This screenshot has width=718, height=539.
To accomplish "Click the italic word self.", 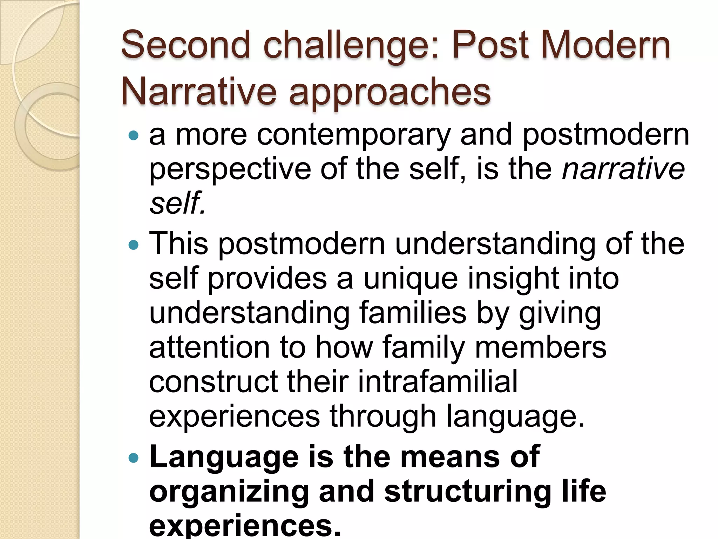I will tap(177, 202).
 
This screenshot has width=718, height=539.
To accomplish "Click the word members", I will tap(540, 347).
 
